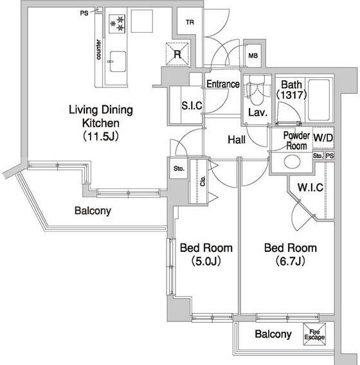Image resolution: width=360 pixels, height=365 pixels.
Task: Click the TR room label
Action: coord(190,22)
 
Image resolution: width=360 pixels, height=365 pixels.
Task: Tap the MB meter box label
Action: coord(253,56)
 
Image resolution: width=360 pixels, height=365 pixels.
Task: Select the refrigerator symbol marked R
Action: coord(177,54)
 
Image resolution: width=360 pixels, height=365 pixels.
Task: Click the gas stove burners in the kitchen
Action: coord(117,24)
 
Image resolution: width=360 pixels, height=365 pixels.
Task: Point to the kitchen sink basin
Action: coord(118,62)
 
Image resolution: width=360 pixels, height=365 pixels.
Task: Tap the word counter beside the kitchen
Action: coord(98,49)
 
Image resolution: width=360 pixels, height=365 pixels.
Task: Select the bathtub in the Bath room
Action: coord(319,100)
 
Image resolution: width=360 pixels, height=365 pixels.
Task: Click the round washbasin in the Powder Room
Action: coord(292,161)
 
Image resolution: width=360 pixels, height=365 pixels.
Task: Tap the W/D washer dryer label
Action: coord(323,138)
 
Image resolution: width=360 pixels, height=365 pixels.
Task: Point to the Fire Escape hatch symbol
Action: coord(314,334)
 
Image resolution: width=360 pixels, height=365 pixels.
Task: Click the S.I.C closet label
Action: coord(192,105)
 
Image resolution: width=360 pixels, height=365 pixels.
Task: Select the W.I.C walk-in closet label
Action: coord(310,188)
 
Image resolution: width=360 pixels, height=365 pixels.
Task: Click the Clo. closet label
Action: coord(203,181)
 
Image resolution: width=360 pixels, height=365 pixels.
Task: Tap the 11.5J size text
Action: coord(101,136)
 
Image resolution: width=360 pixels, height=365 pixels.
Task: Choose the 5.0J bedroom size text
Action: coord(206,261)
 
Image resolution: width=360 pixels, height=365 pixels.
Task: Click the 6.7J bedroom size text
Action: coord(291,261)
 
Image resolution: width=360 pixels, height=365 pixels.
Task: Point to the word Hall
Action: coord(237,139)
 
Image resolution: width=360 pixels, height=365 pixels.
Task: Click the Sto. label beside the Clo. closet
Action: coord(179,168)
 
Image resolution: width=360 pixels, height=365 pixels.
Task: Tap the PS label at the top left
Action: coord(84,13)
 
